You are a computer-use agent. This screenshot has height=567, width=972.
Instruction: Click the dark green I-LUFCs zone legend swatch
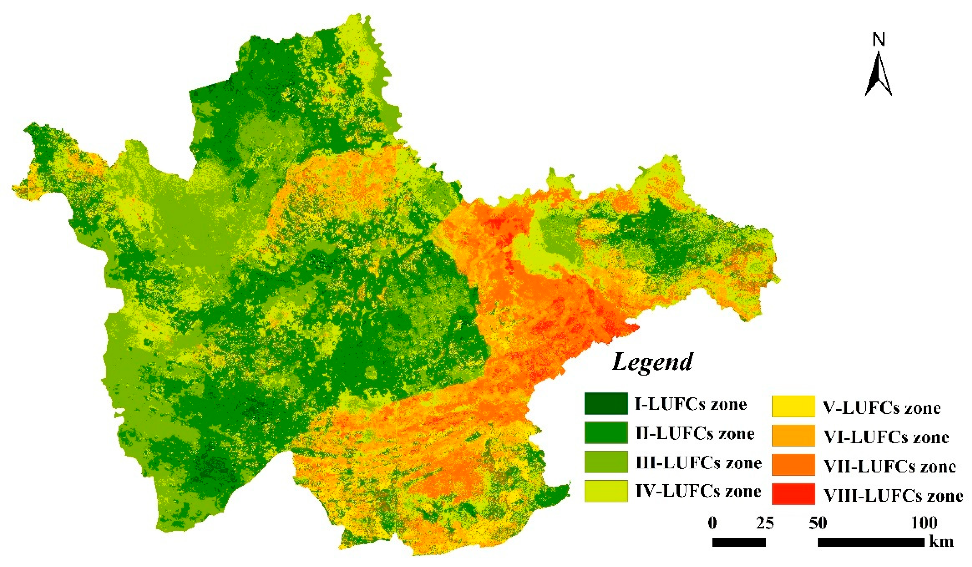point(606,403)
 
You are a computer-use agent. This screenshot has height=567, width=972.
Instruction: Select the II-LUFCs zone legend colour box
point(606,433)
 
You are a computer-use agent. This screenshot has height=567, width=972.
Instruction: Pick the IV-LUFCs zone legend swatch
point(606,491)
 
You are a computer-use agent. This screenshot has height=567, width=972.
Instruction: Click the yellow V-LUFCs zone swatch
point(793,406)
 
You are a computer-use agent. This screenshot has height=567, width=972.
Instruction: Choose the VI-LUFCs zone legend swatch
point(793,436)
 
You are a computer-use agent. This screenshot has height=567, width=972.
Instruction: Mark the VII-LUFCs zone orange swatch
point(793,465)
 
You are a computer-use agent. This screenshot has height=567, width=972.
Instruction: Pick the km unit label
point(941,542)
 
